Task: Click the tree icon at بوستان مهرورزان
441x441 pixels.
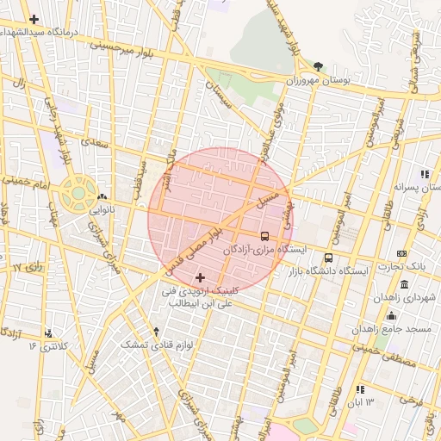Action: click(318, 66)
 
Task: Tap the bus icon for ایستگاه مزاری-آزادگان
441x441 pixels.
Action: click(264, 235)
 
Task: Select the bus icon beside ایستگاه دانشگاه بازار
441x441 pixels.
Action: click(328, 257)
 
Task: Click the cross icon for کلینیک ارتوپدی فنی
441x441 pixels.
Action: click(201, 277)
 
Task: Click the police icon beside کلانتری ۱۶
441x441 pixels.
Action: click(49, 332)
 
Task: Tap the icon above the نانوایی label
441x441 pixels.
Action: click(102, 196)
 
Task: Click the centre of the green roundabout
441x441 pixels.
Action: click(78, 193)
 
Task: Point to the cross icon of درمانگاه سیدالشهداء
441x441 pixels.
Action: click(34, 19)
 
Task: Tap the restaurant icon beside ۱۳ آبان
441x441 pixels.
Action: click(359, 390)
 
